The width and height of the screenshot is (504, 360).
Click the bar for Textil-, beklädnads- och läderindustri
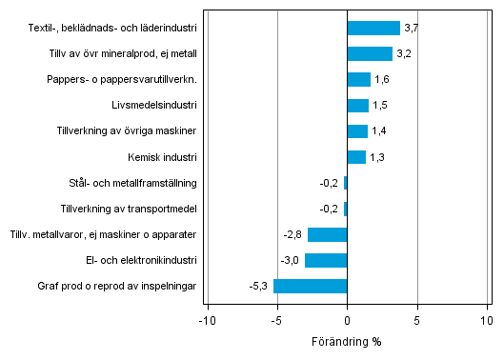click(373, 28)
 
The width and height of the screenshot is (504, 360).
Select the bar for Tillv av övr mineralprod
click(370, 53)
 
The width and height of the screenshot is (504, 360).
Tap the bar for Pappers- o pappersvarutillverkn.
click(358, 79)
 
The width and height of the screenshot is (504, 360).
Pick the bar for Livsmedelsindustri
click(357, 105)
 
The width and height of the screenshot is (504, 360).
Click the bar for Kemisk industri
click(356, 157)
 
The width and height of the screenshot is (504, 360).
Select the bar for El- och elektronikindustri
click(326, 260)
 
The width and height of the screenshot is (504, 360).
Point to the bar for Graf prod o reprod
click(310, 286)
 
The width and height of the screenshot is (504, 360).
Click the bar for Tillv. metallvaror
click(327, 234)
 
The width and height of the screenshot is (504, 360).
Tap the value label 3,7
click(411, 29)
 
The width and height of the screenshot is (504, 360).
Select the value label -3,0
click(292, 260)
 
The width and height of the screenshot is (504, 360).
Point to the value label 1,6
click(381, 80)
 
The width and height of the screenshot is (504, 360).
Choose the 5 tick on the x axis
click(417, 321)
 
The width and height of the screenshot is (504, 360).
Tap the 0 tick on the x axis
click(347, 321)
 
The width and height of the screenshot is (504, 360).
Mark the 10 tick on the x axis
click(487, 321)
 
